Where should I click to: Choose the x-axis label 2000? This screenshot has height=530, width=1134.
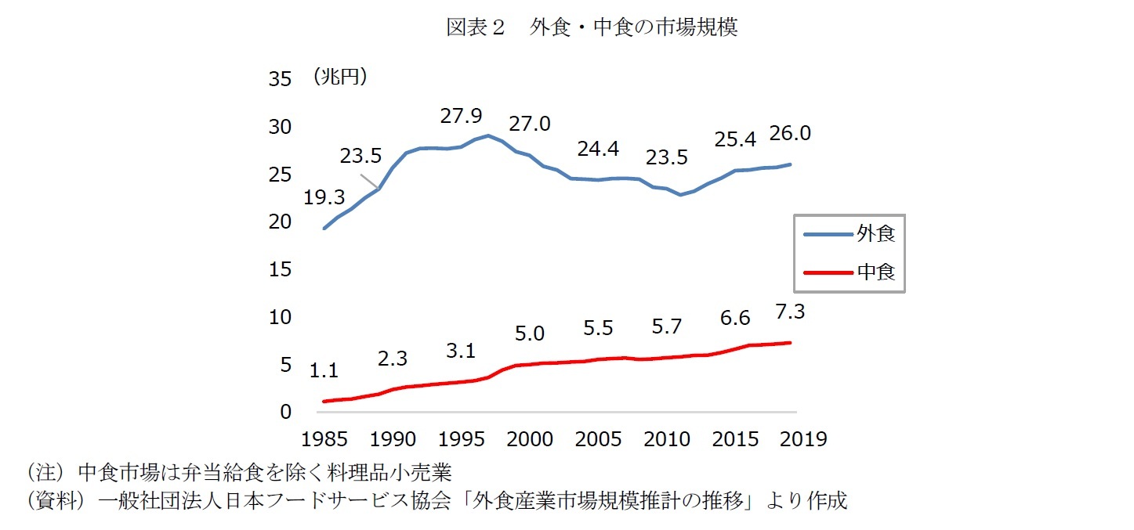529,438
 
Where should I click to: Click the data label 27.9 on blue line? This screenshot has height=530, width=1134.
461,117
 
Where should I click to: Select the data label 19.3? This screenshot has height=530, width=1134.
324,198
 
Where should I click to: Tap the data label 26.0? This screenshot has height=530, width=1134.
789,134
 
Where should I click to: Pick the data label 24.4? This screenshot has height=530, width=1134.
598,148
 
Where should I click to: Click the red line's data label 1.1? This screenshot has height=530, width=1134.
324,371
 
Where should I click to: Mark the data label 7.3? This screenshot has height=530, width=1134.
789,312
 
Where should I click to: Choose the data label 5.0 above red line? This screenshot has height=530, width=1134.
529,334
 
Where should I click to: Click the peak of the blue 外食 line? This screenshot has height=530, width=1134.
488,135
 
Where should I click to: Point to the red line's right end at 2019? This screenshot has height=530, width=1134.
790,343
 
